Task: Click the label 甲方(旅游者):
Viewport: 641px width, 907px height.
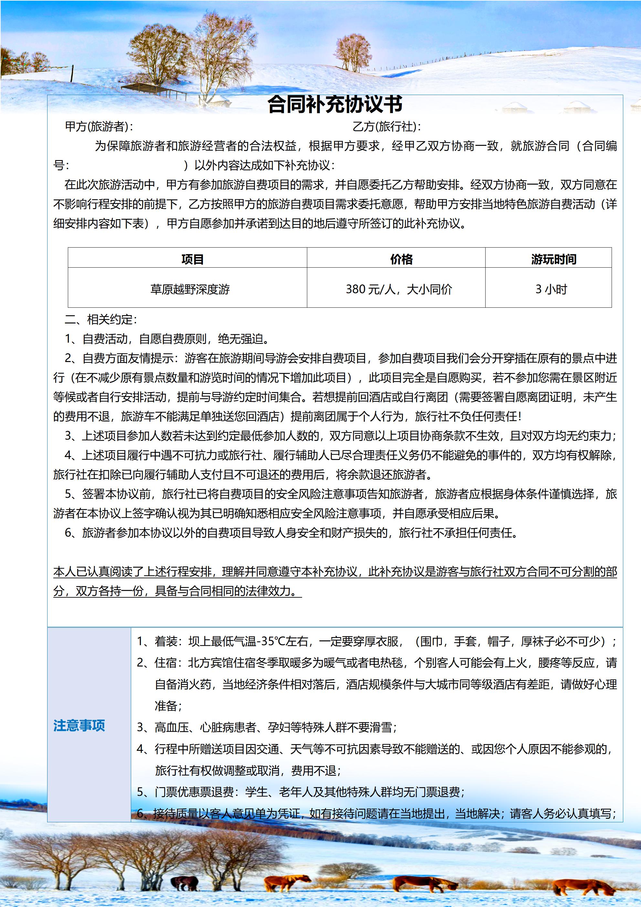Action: pos(99,127)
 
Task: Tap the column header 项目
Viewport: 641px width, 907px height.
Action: pos(192,259)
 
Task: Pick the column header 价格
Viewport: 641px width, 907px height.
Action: pos(401,259)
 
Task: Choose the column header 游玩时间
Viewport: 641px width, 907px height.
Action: pos(554,259)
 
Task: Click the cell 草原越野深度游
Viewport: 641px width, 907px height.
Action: pos(190,289)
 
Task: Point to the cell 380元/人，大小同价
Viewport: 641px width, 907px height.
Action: pos(399,289)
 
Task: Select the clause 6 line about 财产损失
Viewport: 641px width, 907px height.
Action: pos(291,533)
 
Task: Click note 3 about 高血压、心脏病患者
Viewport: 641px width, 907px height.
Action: pos(267,727)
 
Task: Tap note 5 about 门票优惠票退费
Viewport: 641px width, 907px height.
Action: pos(300,792)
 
